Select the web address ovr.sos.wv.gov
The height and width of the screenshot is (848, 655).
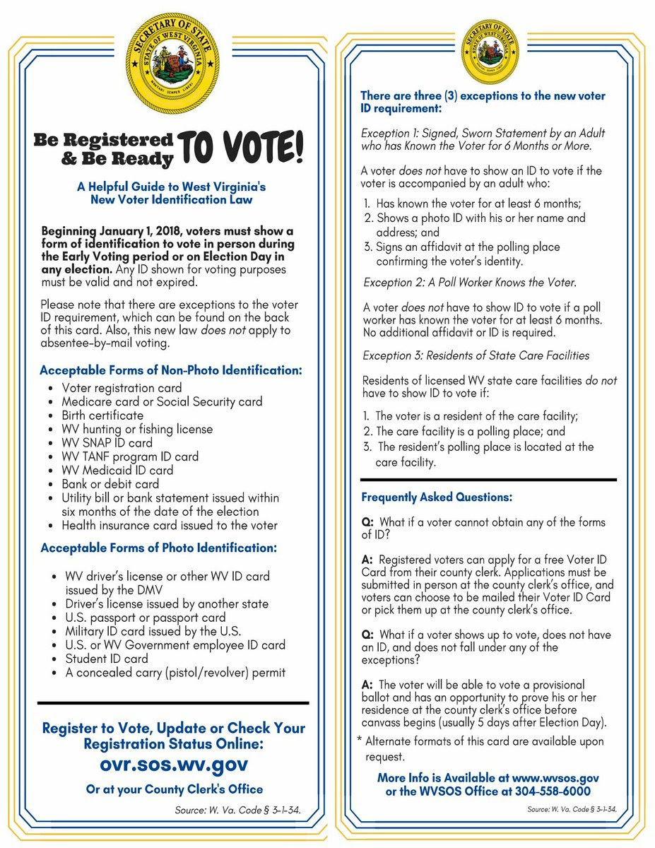pos(173,765)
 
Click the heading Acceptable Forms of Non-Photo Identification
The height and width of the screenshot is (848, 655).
pos(171,370)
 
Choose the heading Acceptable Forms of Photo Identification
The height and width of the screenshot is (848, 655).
pos(159,548)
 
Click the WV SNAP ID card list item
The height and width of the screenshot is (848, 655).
pos(107,443)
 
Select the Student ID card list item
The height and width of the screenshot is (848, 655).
pos(107,659)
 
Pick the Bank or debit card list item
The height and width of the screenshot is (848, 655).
pos(110,484)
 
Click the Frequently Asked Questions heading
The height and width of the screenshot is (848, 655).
pos(437,497)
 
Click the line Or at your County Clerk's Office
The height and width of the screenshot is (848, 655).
pos(175,789)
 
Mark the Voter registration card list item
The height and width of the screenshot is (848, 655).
pos(122,388)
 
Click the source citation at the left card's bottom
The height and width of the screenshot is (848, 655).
pos(237,810)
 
